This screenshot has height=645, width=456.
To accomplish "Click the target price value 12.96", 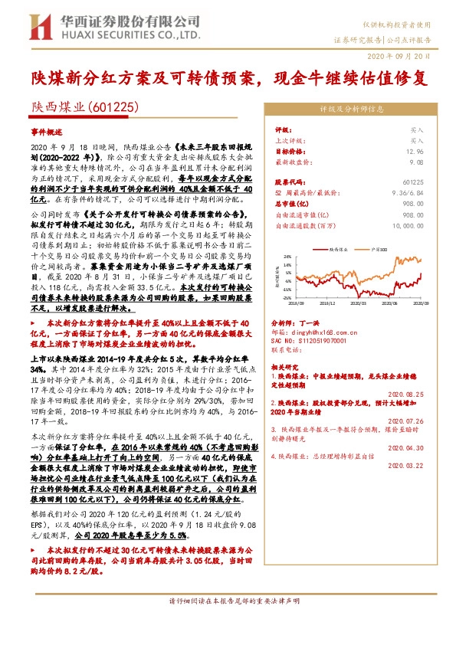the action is click(x=415, y=152).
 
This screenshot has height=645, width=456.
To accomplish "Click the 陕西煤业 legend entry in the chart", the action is click(x=340, y=249).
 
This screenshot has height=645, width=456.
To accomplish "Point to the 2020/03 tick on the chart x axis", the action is click(x=359, y=303).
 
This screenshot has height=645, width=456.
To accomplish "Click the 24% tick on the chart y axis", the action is click(x=285, y=257).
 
